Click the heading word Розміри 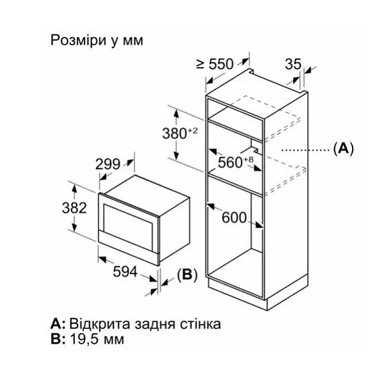[78, 40]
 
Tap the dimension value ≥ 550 [215, 64]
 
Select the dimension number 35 [293, 64]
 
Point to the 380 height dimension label [175, 134]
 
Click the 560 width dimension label [230, 162]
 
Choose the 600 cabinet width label [234, 218]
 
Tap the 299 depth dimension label [108, 164]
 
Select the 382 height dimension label [74, 208]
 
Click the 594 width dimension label [125, 271]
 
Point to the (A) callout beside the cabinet [343, 148]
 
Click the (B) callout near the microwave [187, 275]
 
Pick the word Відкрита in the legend [100, 324]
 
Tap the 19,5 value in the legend [85, 339]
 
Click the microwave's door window [128, 225]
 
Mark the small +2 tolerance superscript [193, 131]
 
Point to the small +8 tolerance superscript [248, 159]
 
